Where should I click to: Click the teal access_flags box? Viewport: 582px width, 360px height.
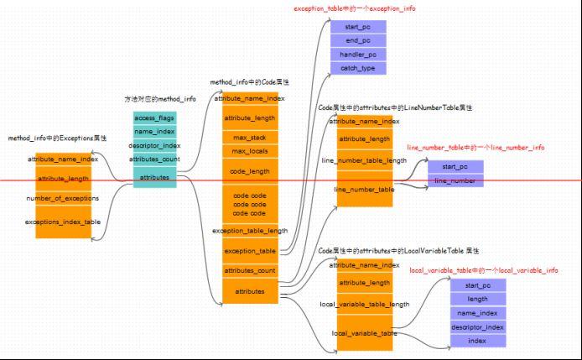pyautogui.click(x=154, y=117)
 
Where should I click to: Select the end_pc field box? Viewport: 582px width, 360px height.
pyautogui.click(x=358, y=40)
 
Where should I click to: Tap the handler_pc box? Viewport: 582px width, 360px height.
pyautogui.click(x=358, y=55)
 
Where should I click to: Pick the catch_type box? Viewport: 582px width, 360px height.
pyautogui.click(x=358, y=68)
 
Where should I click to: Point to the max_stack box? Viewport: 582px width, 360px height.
pyautogui.click(x=250, y=137)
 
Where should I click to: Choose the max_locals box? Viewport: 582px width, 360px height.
pyautogui.click(x=250, y=151)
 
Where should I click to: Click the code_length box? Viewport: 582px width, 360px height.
pyautogui.click(x=250, y=171)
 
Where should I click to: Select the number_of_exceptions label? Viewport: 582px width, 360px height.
pyautogui.click(x=63, y=198)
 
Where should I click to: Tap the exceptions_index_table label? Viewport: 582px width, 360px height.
pyautogui.click(x=63, y=222)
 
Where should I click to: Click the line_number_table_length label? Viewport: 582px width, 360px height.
pyautogui.click(x=364, y=159)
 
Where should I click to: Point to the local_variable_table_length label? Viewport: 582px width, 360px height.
pyautogui.click(x=364, y=304)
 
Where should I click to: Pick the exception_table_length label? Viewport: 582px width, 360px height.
pyautogui.click(x=250, y=230)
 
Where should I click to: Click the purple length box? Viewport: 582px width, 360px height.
pyautogui.click(x=477, y=299)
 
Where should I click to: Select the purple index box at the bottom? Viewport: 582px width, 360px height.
pyautogui.click(x=477, y=341)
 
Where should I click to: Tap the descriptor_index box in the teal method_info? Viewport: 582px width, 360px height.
pyautogui.click(x=154, y=145)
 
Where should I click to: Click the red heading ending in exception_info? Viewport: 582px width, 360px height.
pyautogui.click(x=354, y=8)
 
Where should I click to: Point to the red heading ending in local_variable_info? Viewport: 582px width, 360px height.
pyautogui.click(x=483, y=270)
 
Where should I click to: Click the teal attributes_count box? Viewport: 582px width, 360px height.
pyautogui.click(x=154, y=159)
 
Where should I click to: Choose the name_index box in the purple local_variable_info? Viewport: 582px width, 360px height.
pyautogui.click(x=477, y=313)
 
